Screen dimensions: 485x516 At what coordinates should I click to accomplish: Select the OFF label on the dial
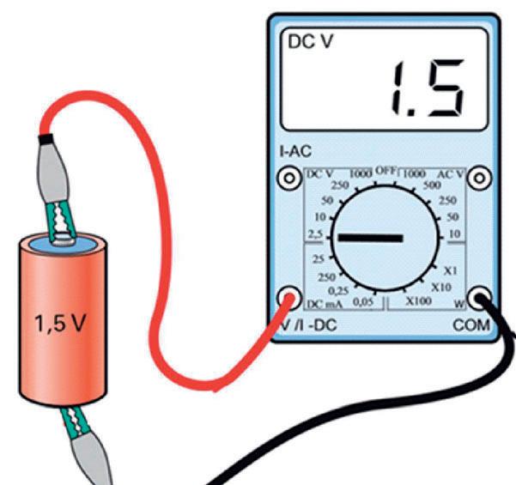(385, 171)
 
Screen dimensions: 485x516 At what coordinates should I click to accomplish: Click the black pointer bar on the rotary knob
(367, 237)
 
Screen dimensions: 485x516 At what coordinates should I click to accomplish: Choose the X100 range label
(418, 300)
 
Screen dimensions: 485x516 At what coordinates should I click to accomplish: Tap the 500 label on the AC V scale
(431, 184)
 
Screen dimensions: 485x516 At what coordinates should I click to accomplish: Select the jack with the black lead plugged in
(480, 298)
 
